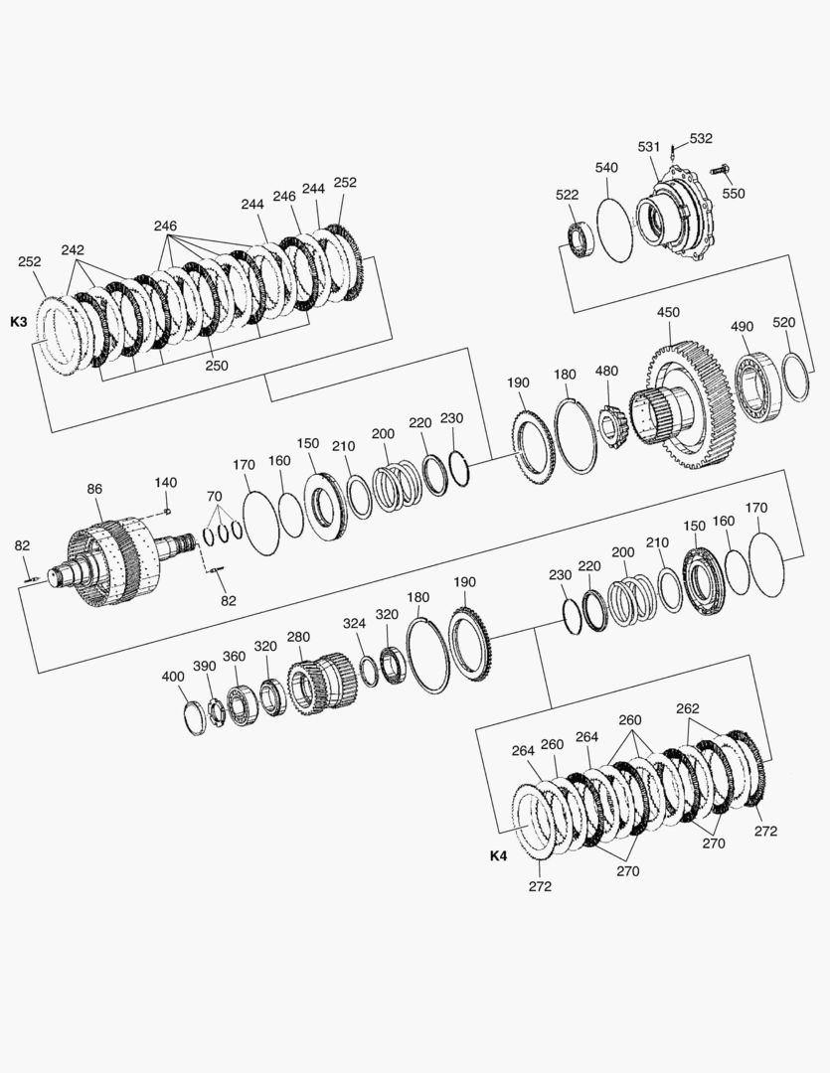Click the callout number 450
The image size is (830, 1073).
click(x=668, y=312)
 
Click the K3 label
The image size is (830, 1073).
click(x=19, y=321)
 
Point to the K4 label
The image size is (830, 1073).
click(x=499, y=855)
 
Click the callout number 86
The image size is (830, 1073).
click(x=94, y=489)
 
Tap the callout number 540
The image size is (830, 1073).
click(x=606, y=167)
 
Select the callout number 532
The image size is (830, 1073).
click(x=701, y=138)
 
